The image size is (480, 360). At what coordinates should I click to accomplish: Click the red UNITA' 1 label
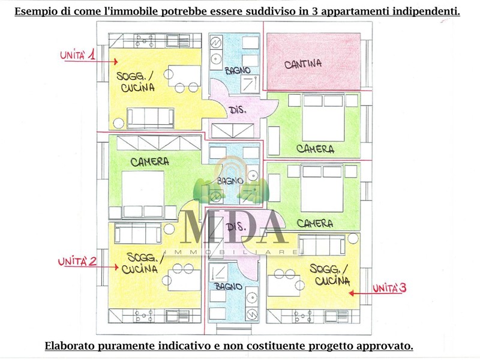pos(77,55)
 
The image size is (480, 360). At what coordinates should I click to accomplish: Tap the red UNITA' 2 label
pos(77,262)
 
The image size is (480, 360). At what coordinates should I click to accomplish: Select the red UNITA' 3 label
pos(389,288)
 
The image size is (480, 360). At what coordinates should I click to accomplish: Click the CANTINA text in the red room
pos(303,64)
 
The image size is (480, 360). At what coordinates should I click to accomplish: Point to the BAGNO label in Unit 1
pos(238,70)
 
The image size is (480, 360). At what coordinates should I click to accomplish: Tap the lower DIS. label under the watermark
pos(236,227)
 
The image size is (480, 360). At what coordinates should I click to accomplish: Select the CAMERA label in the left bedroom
pos(149,161)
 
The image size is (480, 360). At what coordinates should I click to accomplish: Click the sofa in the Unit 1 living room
pos(151,118)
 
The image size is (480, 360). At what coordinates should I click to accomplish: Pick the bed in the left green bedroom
pos(143,194)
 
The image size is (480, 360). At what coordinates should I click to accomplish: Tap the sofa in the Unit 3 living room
pos(322,245)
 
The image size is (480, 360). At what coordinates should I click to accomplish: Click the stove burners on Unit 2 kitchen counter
pos(144,316)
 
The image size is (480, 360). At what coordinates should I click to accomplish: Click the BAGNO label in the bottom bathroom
pos(229,287)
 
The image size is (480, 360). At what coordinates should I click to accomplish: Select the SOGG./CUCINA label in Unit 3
pos(329,275)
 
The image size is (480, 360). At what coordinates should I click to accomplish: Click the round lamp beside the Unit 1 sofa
pos(118,124)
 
